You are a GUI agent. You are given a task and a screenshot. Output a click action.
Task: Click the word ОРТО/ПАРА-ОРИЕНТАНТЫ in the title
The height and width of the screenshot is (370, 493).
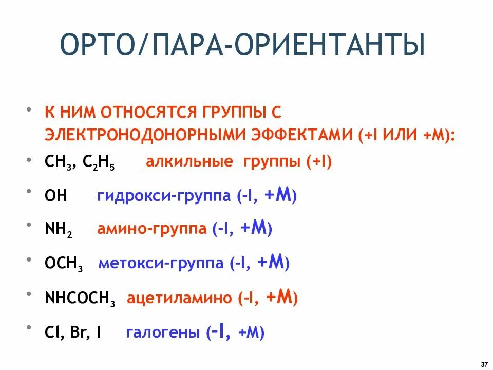click(242, 45)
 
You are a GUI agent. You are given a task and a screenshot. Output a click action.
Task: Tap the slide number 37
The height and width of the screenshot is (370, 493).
click(484, 364)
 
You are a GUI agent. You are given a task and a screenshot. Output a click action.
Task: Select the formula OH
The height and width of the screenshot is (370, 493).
click(56, 196)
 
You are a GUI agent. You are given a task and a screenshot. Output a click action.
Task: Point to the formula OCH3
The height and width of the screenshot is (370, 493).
click(64, 265)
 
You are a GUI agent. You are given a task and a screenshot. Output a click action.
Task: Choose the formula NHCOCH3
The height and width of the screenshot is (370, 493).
click(80, 299)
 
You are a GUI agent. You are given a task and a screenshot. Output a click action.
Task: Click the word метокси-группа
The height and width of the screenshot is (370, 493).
click(161, 264)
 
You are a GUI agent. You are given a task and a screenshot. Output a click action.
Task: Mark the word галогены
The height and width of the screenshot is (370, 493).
click(163, 333)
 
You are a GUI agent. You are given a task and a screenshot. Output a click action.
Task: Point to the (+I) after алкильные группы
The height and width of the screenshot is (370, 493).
click(319, 162)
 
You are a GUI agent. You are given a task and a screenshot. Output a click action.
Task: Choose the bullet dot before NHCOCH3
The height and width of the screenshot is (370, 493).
click(33, 294)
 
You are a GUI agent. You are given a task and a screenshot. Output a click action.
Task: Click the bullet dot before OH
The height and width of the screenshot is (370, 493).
click(33, 192)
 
